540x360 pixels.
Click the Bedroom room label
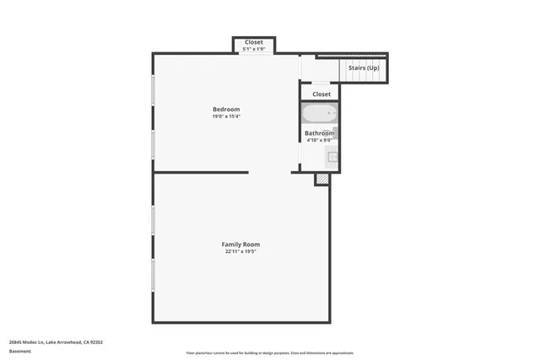pyautogui.click(x=226, y=110)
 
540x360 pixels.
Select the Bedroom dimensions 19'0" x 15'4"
pyautogui.click(x=226, y=116)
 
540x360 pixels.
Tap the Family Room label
pyautogui.click(x=240, y=244)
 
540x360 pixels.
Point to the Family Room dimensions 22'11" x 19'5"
pyautogui.click(x=240, y=251)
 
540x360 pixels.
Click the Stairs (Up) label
pyautogui.click(x=364, y=67)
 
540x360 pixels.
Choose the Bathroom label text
pyautogui.click(x=320, y=133)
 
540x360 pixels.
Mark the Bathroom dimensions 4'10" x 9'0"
pyautogui.click(x=320, y=140)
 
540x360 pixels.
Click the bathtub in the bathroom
pyautogui.click(x=320, y=114)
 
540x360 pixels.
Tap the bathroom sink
pyautogui.click(x=332, y=155)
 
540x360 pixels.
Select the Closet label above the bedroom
pyautogui.click(x=254, y=42)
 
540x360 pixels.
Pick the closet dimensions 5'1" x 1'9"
pyautogui.click(x=254, y=49)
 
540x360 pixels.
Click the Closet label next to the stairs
pyautogui.click(x=321, y=94)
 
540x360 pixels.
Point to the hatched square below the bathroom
pyautogui.click(x=321, y=179)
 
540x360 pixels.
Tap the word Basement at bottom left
pyautogui.click(x=19, y=351)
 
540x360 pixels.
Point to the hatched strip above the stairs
pyautogui.click(x=352, y=56)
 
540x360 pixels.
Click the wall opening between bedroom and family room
pyautogui.click(x=270, y=172)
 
